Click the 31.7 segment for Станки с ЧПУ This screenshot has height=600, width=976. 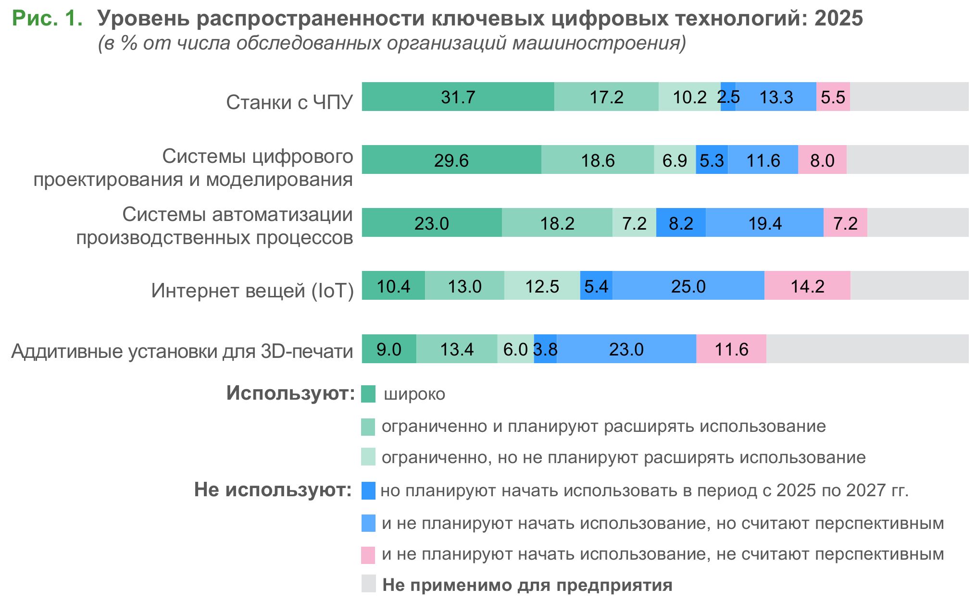[458, 97]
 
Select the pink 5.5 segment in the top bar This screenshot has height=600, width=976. [833, 97]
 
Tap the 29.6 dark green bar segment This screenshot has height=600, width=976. [451, 159]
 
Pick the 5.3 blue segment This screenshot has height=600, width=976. [712, 159]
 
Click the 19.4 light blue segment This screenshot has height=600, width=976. [764, 223]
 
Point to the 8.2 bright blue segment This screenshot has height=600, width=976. [681, 223]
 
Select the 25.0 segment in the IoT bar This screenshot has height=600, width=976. [688, 286]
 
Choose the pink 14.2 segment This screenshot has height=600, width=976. [807, 286]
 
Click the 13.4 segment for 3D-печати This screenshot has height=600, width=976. [457, 349]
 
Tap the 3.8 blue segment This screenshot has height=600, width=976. [545, 349]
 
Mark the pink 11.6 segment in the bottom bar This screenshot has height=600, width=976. [731, 349]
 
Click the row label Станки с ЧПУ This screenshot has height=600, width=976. [289, 102]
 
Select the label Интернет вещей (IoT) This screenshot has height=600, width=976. [252, 290]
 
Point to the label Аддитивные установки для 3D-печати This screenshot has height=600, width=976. [182, 351]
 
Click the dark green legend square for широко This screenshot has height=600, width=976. [368, 394]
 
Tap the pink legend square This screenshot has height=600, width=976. [368, 554]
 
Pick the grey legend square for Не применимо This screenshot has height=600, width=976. [368, 584]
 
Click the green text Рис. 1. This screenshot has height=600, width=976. [47, 18]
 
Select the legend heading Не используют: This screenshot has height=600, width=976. [273, 490]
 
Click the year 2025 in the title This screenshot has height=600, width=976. [838, 18]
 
